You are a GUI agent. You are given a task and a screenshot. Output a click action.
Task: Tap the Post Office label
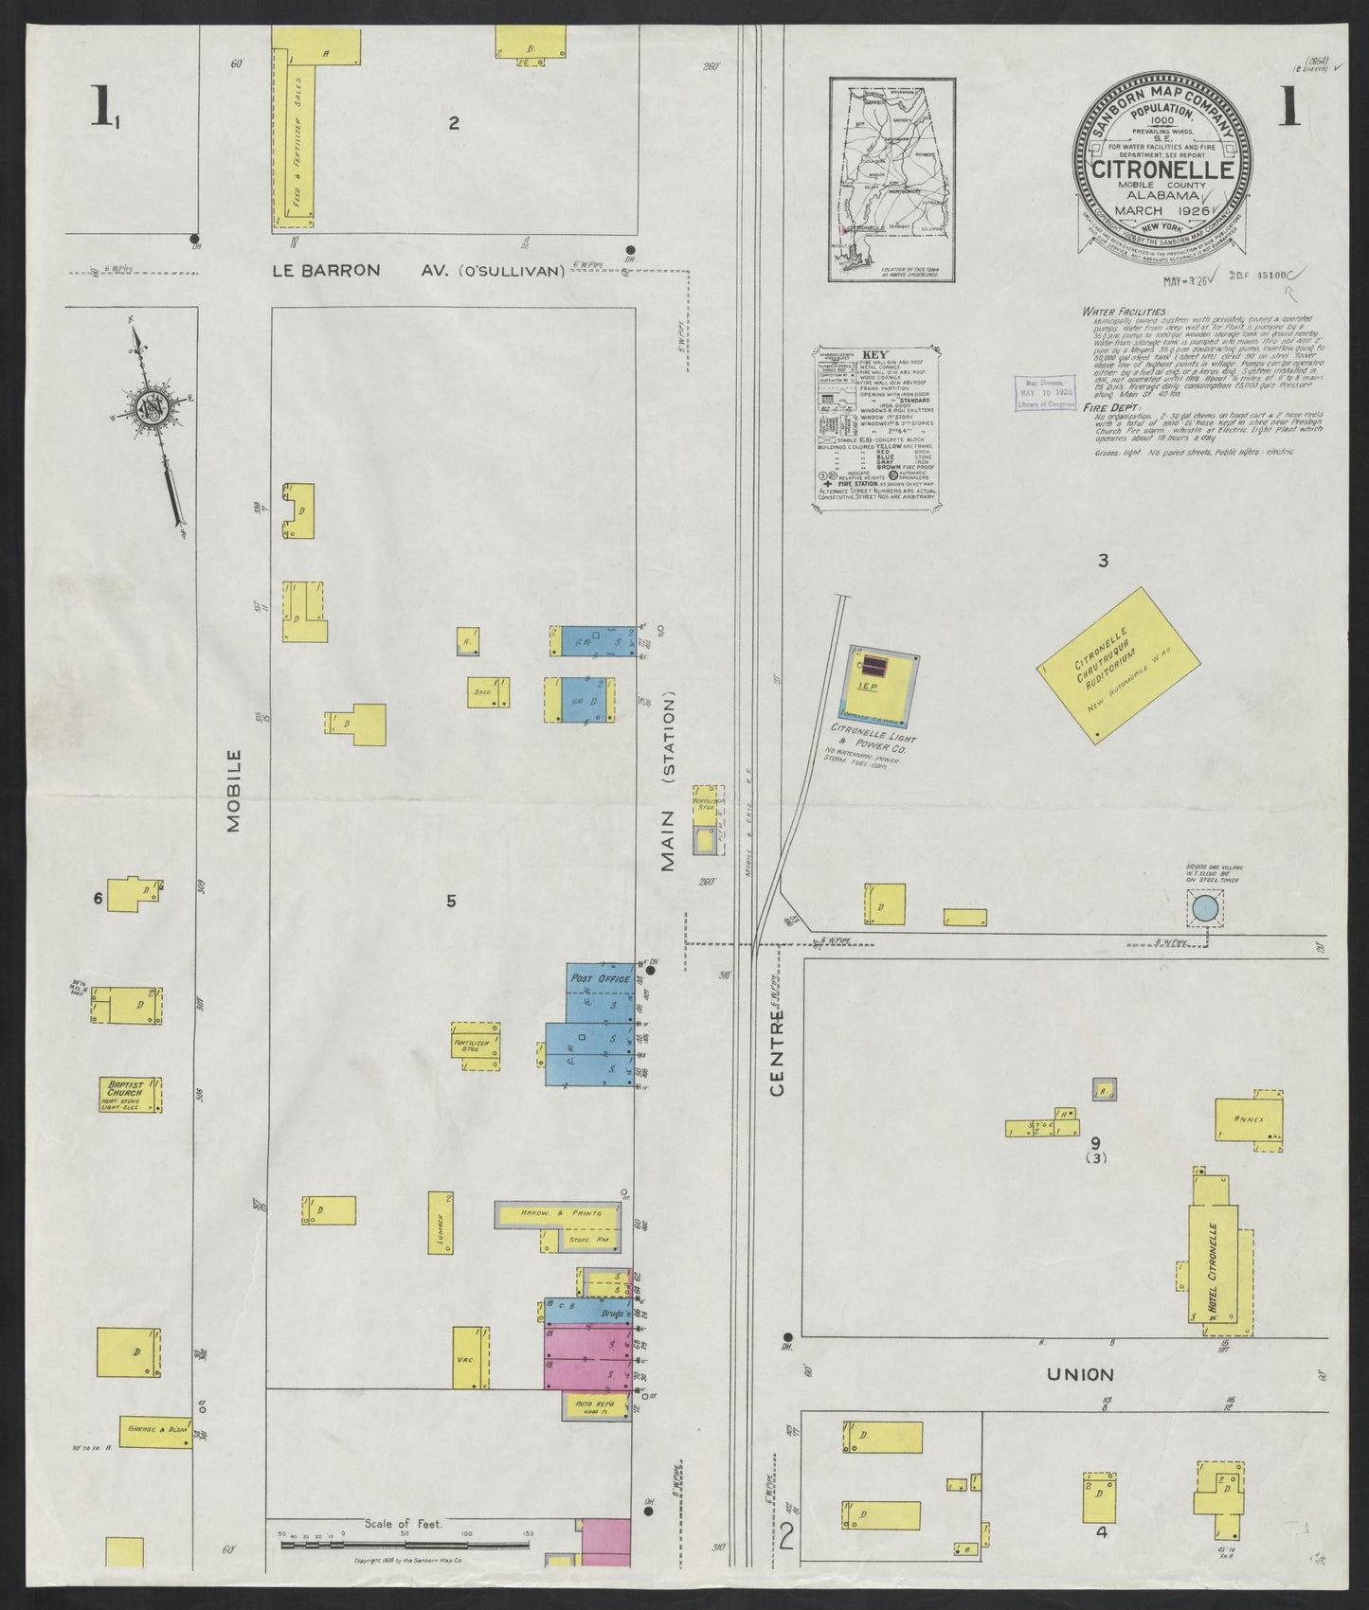pyautogui.click(x=593, y=976)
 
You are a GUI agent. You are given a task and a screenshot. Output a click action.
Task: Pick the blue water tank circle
pyautogui.click(x=1203, y=909)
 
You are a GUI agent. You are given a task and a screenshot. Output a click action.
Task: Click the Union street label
pyautogui.click(x=1080, y=1373)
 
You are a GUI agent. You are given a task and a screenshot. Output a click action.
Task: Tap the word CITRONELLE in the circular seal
pyautogui.click(x=1163, y=170)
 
